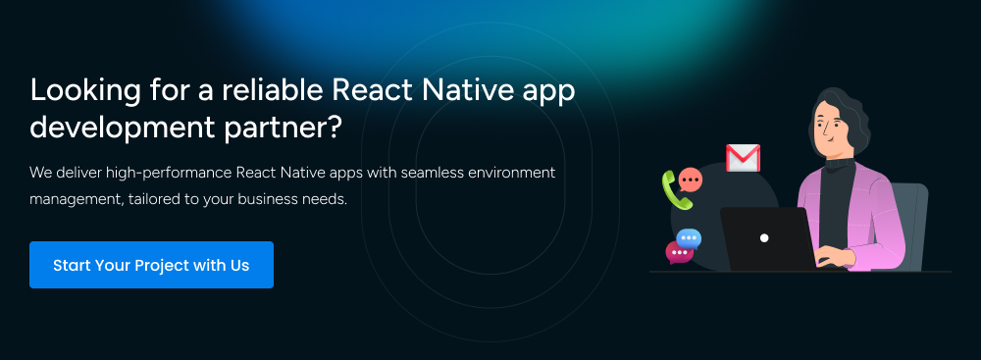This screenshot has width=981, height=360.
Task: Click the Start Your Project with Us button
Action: (151, 265)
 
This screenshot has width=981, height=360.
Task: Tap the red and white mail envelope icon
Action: (743, 158)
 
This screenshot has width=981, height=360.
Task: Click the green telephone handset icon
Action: (676, 190)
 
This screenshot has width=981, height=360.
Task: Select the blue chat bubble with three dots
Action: (689, 238)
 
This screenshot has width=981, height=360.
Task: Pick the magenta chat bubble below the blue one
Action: (679, 252)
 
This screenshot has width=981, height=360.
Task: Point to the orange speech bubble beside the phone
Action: (691, 180)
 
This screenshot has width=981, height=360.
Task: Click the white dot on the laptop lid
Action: (764, 238)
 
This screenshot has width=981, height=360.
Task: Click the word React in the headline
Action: (372, 90)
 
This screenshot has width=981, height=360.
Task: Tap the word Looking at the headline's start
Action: (85, 91)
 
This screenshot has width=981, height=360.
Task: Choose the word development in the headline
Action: (122, 129)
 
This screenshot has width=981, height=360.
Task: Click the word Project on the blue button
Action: (165, 266)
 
